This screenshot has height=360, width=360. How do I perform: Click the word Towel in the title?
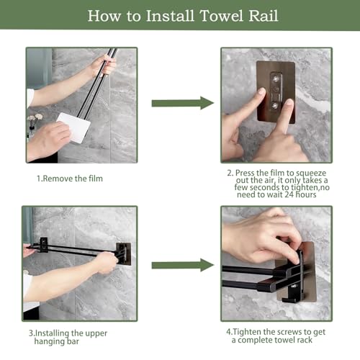(x=221, y=16)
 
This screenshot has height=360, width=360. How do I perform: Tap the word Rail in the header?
(x=264, y=16)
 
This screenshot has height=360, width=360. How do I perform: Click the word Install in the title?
(x=170, y=16)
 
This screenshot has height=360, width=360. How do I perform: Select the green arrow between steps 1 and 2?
(x=183, y=103)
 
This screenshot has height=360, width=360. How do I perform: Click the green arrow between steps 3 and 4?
(x=183, y=265)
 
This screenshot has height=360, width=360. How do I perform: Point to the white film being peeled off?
(x=73, y=127)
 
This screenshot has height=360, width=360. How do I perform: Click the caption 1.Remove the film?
(x=70, y=179)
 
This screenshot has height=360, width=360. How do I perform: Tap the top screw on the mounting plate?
(x=276, y=78)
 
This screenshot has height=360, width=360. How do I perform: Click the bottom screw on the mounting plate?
(x=275, y=105)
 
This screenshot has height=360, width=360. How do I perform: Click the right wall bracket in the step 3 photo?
(x=123, y=253)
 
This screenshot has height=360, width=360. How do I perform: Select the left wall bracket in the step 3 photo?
(x=44, y=245)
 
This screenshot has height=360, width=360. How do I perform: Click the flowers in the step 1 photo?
(x=35, y=117)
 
